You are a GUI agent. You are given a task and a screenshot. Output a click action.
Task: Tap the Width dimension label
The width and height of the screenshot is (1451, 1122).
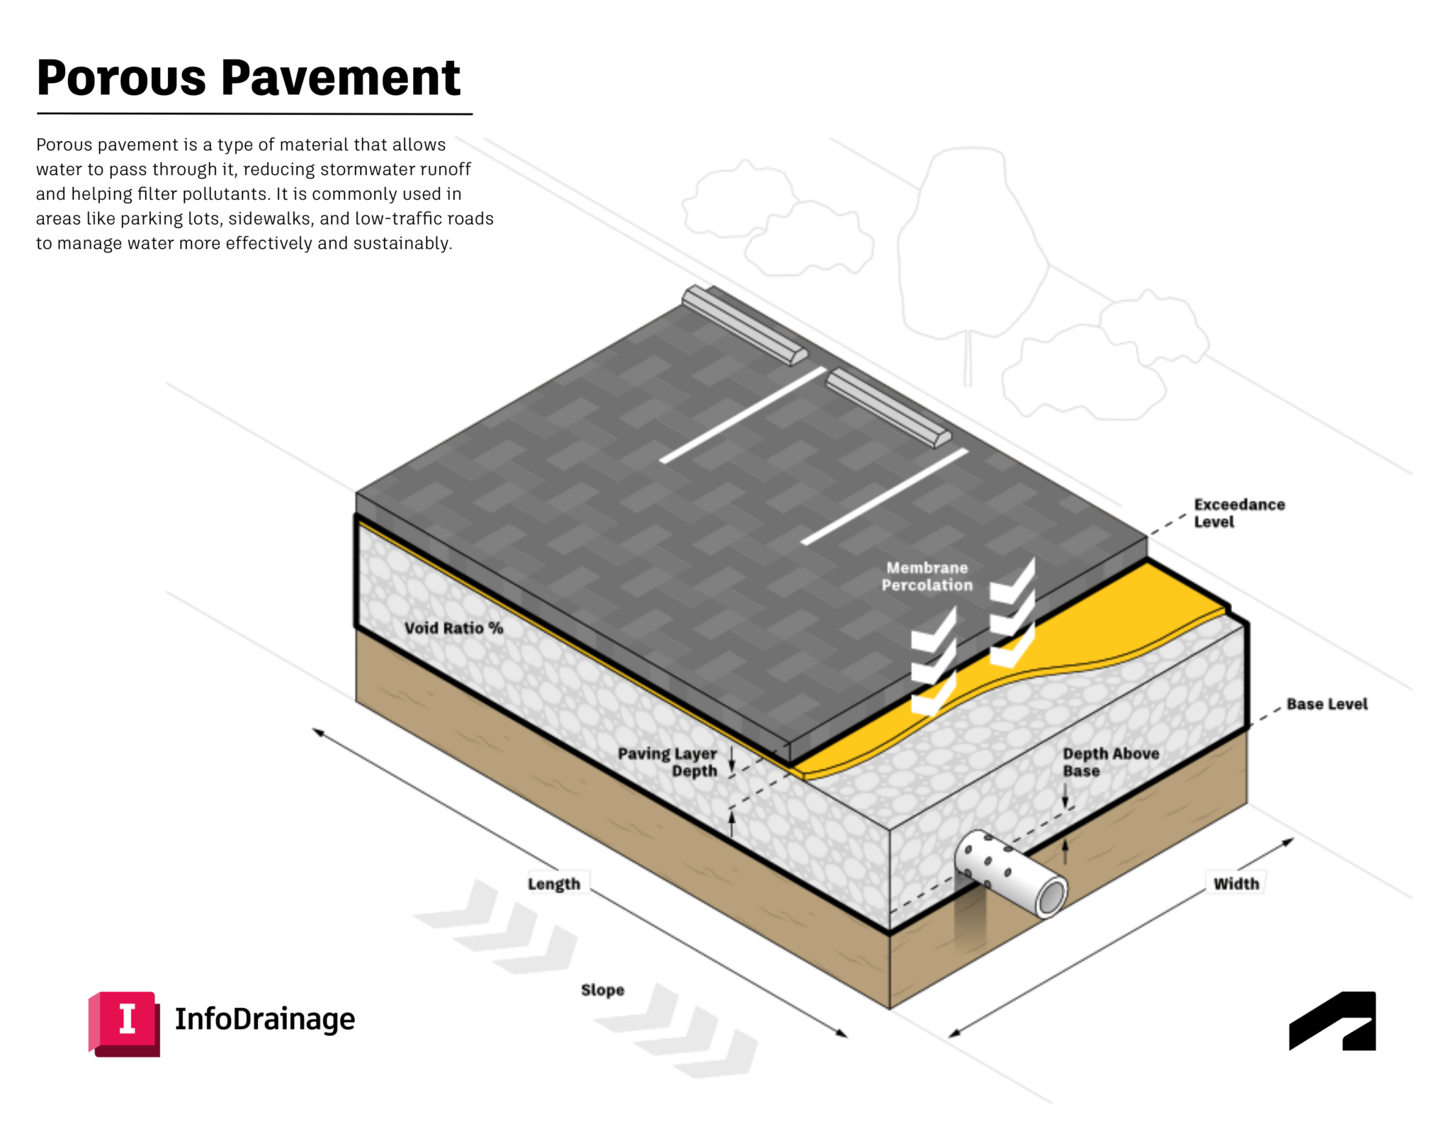1236,883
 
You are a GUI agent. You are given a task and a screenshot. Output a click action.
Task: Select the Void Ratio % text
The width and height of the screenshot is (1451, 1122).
453,628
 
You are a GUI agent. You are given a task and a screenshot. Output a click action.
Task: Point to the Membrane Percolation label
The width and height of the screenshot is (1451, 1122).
927,576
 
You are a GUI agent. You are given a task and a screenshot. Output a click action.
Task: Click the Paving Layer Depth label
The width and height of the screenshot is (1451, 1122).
667,762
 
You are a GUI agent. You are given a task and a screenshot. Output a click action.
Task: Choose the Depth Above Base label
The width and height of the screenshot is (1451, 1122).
1110,762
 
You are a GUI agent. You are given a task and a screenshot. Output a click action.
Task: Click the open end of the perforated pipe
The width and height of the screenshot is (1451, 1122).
1051,899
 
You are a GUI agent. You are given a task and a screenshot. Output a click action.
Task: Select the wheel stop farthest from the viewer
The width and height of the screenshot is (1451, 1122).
744,326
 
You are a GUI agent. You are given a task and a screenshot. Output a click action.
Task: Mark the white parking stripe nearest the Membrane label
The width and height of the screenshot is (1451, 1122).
884,496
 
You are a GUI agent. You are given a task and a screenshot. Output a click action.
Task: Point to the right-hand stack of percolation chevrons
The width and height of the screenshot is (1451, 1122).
1012,613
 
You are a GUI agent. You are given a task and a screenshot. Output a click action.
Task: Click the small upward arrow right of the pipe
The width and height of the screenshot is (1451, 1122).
1065,851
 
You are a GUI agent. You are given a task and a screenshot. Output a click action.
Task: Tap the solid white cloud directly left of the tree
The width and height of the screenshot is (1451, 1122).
808,241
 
